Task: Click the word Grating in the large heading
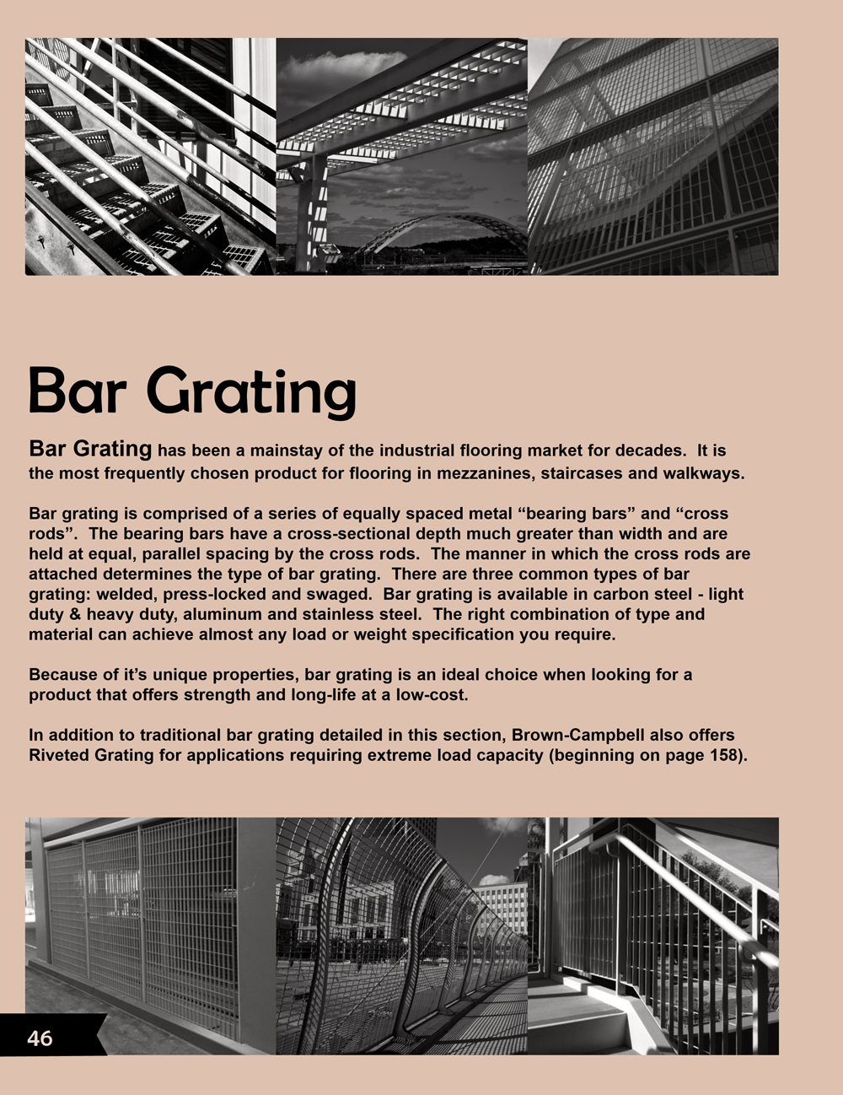252,391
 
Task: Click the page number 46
40,1038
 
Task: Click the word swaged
343,594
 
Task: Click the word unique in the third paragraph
160,675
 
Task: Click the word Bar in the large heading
78,391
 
